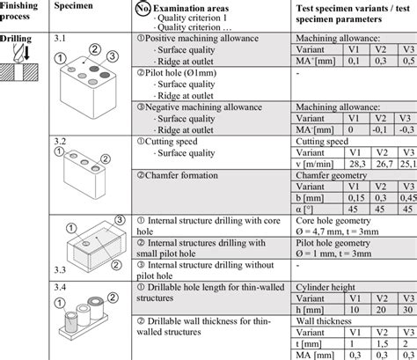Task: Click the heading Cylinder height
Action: pyautogui.click(x=325, y=286)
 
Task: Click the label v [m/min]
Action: pyautogui.click(x=312, y=163)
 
